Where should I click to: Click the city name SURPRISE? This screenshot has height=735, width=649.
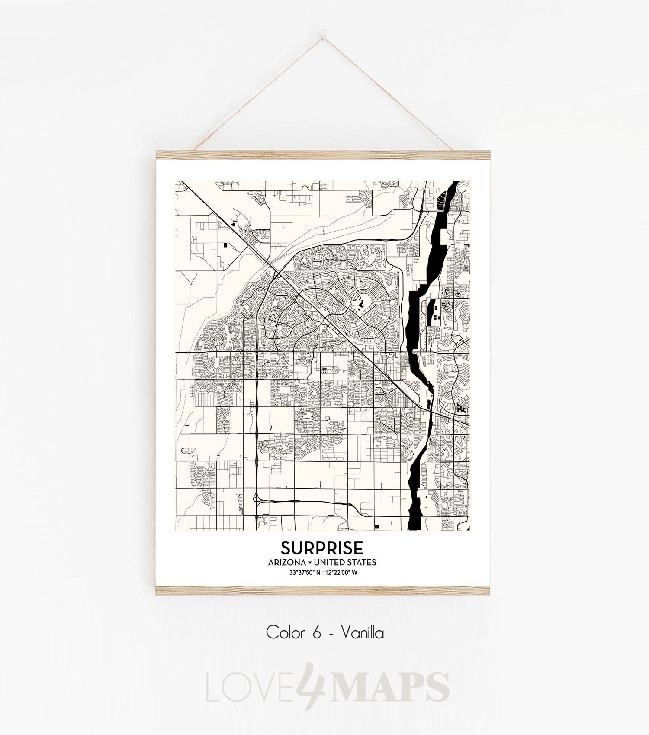click(322, 548)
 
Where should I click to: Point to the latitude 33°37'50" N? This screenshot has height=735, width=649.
click(305, 572)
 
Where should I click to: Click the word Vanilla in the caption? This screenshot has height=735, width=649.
click(362, 633)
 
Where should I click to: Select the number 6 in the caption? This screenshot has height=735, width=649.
click(316, 633)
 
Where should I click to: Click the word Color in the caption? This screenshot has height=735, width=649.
click(285, 633)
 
